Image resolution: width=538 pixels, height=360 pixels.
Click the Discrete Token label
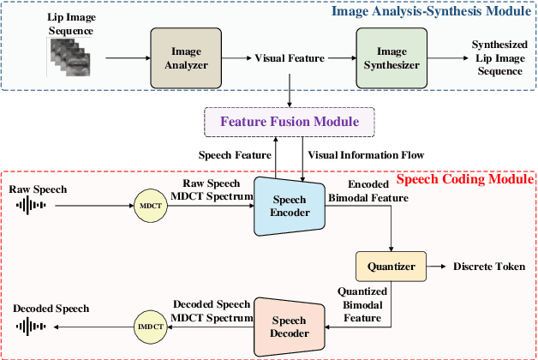pyautogui.click(x=488, y=267)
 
